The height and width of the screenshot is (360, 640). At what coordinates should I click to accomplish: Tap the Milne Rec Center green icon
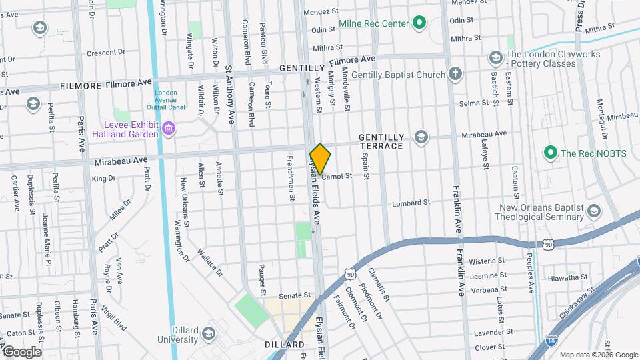(x=419, y=24)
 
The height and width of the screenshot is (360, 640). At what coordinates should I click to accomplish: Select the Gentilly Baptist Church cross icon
(x=455, y=74)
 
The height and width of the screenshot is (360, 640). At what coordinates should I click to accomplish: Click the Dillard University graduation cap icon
(x=209, y=333)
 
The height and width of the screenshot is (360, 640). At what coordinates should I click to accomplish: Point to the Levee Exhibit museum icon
(x=169, y=129)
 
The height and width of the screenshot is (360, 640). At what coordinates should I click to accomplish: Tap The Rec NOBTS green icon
(x=550, y=153)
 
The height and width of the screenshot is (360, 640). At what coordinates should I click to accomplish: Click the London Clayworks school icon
(x=495, y=58)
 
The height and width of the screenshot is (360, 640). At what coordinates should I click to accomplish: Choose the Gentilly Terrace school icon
(x=420, y=137)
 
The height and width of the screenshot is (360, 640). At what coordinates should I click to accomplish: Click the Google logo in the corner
(x=21, y=351)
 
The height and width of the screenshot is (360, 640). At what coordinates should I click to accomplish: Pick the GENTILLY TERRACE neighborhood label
(x=381, y=141)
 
